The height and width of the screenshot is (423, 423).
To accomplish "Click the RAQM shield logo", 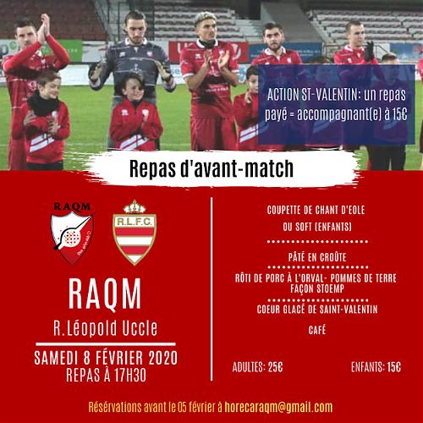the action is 73,234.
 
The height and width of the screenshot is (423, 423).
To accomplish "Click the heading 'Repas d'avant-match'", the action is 211,168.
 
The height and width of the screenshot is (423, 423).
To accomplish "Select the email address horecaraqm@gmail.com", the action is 278,407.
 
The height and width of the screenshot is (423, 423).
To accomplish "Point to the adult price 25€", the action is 275,367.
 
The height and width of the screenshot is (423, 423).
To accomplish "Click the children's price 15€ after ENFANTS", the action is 393,367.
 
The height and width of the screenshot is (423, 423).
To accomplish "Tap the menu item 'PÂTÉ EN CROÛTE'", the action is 317,256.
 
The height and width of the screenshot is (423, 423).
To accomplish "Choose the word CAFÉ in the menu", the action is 317,330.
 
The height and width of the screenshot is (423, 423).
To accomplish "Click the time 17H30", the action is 130,375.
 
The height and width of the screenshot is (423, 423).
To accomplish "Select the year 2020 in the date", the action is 163,358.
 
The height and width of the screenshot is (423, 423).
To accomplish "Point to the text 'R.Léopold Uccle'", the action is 106,328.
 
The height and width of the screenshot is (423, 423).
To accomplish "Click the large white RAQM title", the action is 105,294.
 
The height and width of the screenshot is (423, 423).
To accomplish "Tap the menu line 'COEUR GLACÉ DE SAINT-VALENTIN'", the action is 317,310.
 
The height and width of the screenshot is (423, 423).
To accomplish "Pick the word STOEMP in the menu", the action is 330,288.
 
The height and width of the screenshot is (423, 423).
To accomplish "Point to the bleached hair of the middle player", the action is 205,18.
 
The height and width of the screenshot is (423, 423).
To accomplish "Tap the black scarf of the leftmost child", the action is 43,104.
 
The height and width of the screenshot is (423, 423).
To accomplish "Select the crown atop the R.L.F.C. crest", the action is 135,206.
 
